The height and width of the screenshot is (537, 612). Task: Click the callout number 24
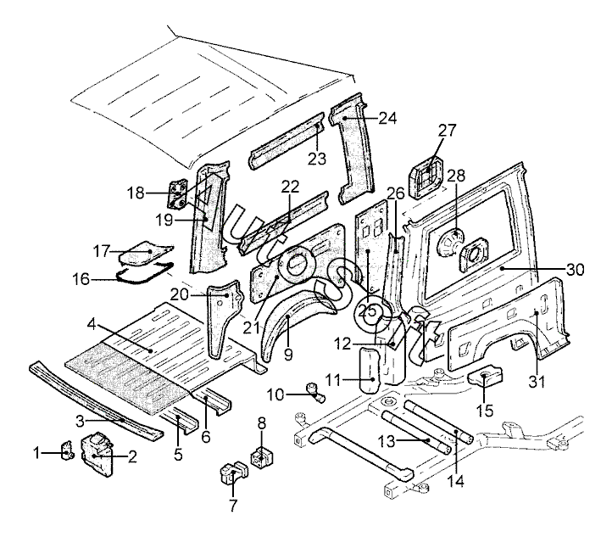387,118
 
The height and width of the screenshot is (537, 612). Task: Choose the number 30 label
576,270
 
